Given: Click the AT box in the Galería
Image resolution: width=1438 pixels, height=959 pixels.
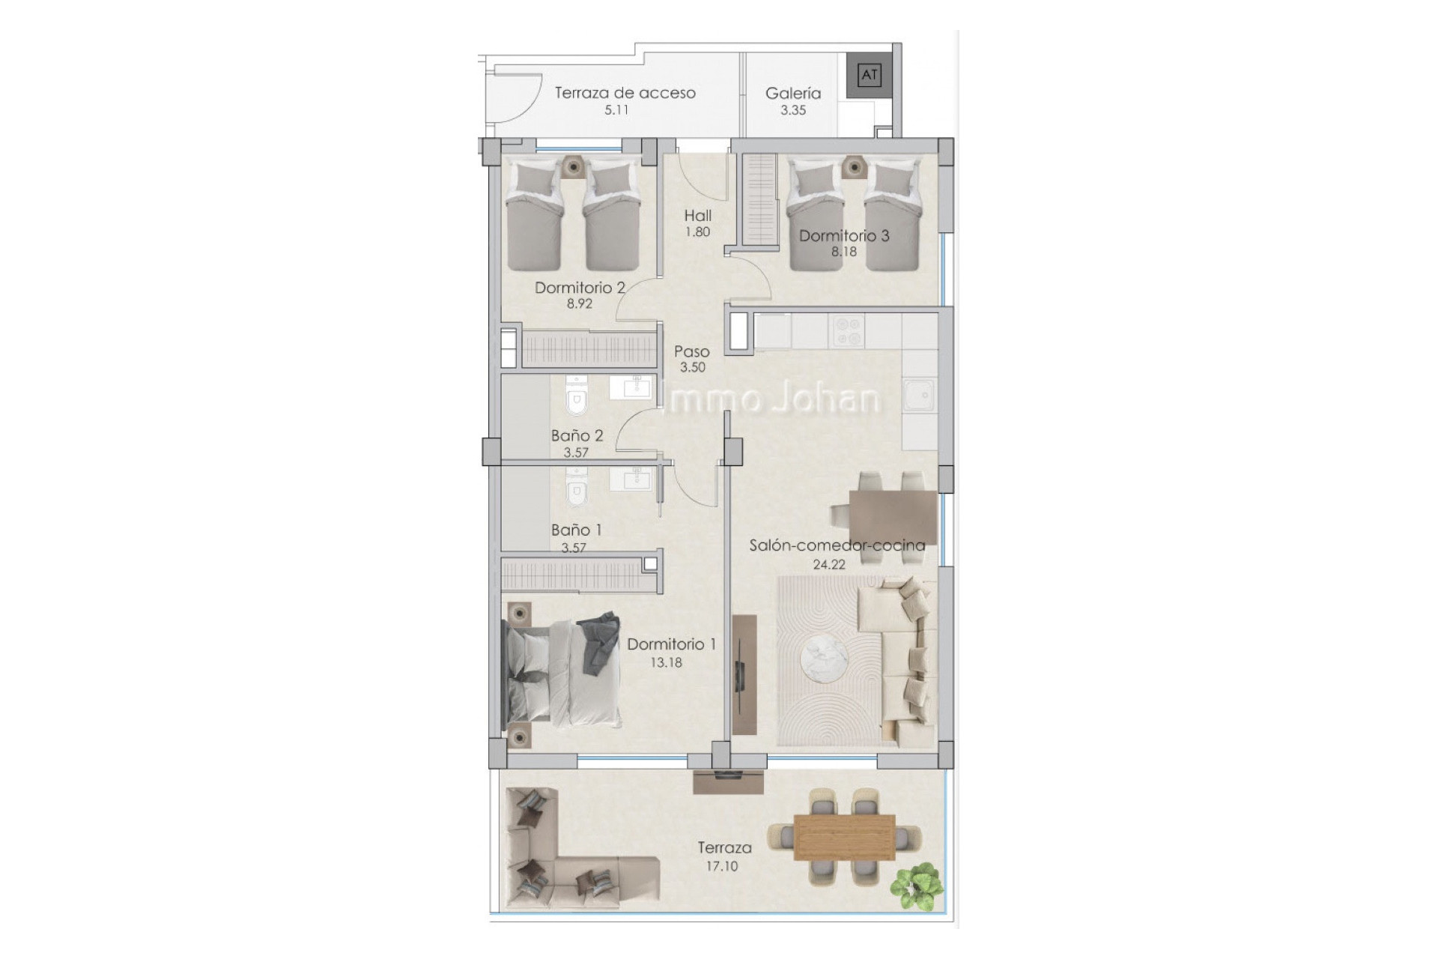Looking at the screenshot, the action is point(869,75).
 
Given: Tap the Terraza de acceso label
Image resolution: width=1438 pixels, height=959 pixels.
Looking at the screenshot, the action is point(625,93).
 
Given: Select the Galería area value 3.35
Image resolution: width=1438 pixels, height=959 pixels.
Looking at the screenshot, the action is point(793,110).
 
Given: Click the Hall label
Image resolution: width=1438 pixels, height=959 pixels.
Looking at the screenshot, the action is point(697,216).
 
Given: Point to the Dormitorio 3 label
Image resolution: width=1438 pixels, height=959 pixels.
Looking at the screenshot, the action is point(844,235).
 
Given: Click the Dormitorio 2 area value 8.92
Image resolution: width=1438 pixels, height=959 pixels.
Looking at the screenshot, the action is point(579,304).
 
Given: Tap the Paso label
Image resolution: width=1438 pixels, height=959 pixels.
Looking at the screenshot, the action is point(692,351).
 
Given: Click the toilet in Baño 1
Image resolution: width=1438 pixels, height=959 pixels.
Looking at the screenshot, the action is point(576,488).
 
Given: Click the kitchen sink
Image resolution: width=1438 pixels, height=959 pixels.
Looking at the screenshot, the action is point(919,395).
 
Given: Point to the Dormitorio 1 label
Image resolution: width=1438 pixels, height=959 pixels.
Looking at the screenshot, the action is point(671,644).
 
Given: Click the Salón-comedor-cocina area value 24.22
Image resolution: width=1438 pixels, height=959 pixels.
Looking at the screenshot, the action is point(829,565).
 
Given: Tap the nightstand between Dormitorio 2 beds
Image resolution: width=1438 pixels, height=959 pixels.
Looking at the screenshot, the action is point(573,167).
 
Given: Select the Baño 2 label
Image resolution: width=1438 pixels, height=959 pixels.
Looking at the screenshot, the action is point(577,435).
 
